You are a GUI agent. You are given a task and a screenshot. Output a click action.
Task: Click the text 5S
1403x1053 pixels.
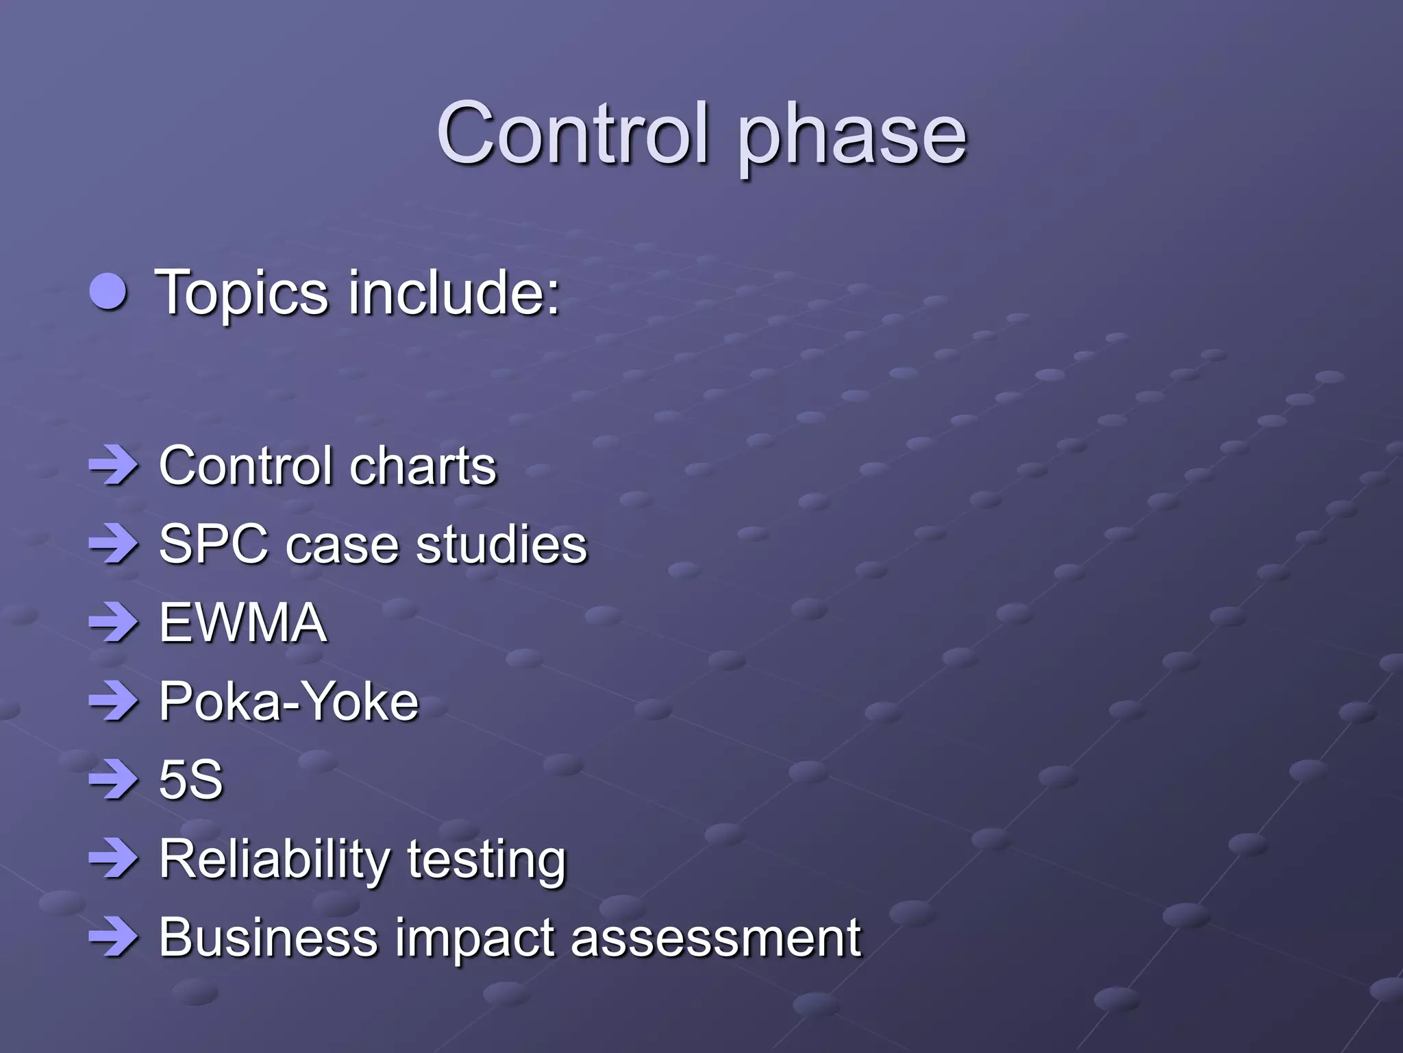coord(190,780)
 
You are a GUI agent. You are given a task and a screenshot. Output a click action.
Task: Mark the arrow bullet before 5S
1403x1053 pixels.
coord(113,780)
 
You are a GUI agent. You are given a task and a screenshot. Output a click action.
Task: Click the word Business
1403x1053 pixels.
coord(268,937)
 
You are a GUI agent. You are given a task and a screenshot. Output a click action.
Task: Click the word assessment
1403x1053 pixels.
coord(715,937)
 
